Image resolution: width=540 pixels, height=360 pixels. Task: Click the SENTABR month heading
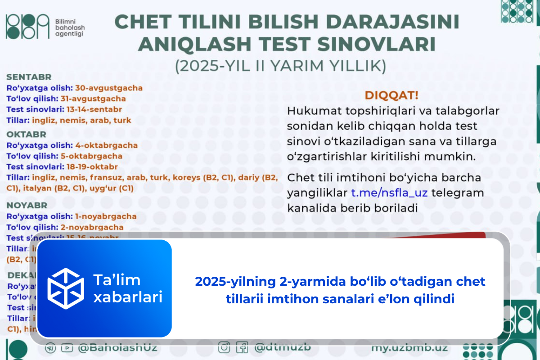tap(29, 77)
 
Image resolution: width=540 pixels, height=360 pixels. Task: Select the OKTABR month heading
tap(26, 134)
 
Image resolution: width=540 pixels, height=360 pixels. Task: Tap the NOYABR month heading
tap(27, 205)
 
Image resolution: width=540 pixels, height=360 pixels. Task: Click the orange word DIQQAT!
tap(391, 95)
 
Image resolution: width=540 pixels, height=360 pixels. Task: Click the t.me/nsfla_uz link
tap(389, 193)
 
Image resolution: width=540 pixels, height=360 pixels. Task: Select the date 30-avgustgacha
tap(108, 88)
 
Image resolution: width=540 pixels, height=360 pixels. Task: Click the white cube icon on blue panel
tap(66, 288)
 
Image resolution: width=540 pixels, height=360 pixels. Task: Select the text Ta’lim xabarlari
tap(128, 288)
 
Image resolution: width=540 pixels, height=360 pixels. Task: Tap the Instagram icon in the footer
tap(224, 348)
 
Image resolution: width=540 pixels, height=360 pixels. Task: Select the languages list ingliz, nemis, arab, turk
tap(81, 120)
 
